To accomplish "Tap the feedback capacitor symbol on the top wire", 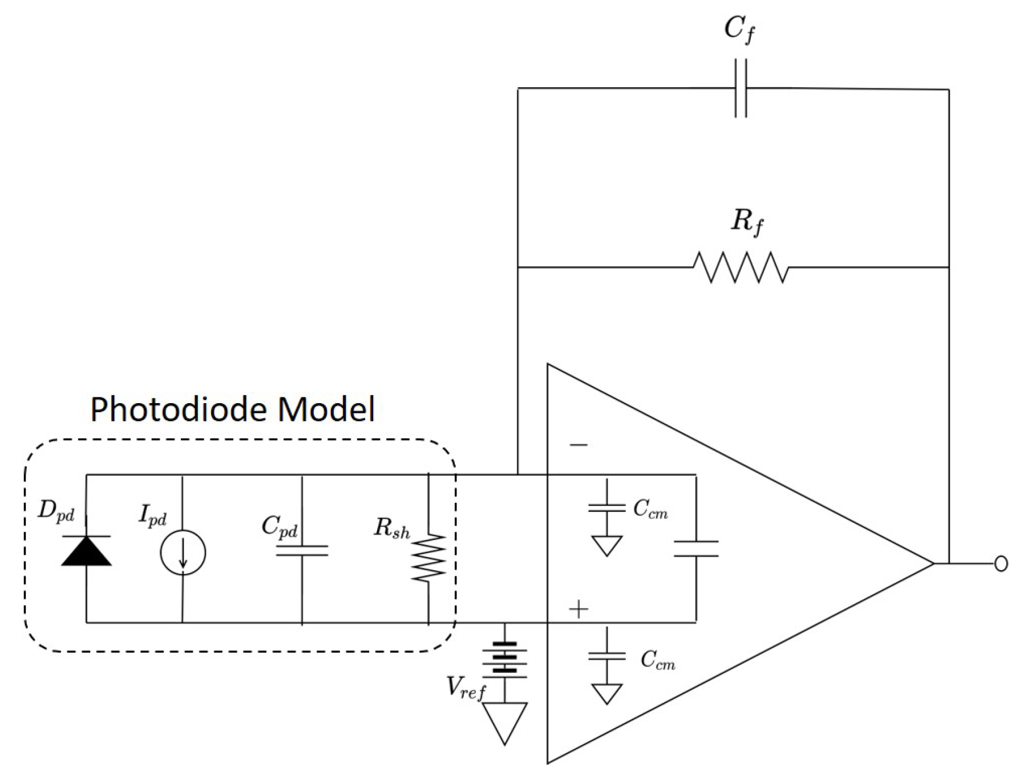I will [x=740, y=88].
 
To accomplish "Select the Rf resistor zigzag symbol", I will [x=741, y=267].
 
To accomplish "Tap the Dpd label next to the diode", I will [x=56, y=511].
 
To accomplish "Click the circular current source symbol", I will [x=183, y=552].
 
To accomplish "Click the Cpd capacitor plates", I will [x=302, y=550].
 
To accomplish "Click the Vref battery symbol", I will [x=505, y=661].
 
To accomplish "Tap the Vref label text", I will [x=465, y=690].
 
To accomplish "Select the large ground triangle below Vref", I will [x=505, y=722].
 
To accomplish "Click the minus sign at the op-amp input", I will [x=579, y=445].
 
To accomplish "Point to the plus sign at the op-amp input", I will [x=579, y=610].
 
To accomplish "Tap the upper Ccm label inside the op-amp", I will [x=650, y=509].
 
